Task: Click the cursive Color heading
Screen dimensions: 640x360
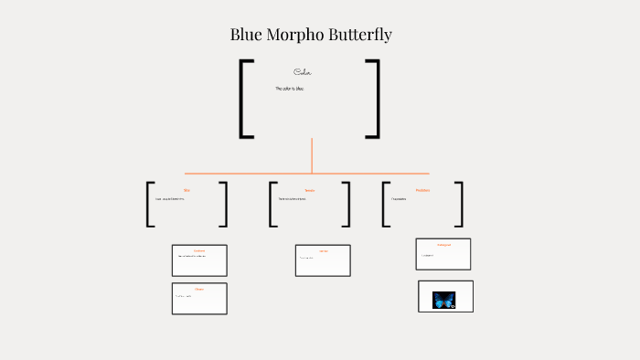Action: (304, 72)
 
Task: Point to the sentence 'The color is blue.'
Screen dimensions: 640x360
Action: (290, 89)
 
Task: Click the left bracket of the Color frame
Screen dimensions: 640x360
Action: (243, 99)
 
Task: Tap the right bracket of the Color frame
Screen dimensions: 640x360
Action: (375, 99)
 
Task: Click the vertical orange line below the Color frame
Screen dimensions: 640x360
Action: (312, 155)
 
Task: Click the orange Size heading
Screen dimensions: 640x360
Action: (187, 190)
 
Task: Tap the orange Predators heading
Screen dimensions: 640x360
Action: (422, 190)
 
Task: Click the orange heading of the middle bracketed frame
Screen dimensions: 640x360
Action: (309, 190)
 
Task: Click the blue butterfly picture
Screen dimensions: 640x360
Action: (444, 299)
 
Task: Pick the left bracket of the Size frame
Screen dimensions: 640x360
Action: (149, 204)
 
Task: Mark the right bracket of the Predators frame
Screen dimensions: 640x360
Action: (459, 204)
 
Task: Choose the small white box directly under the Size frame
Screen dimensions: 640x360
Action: (199, 260)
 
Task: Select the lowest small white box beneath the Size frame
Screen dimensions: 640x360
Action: (199, 299)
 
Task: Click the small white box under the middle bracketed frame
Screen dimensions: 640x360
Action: (323, 260)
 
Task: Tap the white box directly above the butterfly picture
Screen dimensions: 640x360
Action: (443, 254)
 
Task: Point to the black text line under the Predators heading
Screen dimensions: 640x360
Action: (399, 198)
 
